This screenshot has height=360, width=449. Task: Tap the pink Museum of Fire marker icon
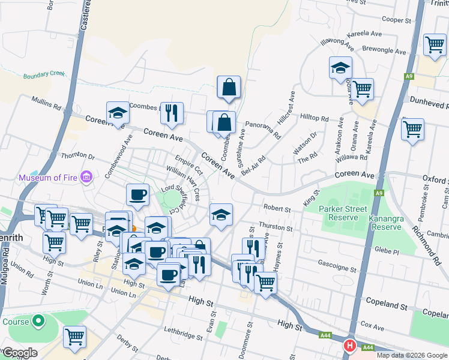click(86, 177)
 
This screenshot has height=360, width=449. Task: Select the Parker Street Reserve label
click(343, 213)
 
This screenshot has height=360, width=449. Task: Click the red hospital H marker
click(349, 346)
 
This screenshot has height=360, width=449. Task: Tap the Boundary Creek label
click(44, 75)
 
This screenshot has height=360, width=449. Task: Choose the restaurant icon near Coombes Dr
click(172, 113)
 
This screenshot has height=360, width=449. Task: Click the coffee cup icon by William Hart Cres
click(137, 194)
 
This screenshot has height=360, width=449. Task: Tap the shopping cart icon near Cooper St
click(434, 44)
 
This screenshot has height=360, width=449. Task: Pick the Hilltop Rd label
click(315, 118)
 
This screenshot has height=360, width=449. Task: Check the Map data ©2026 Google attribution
click(411, 355)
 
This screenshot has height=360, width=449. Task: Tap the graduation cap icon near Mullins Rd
click(118, 113)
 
